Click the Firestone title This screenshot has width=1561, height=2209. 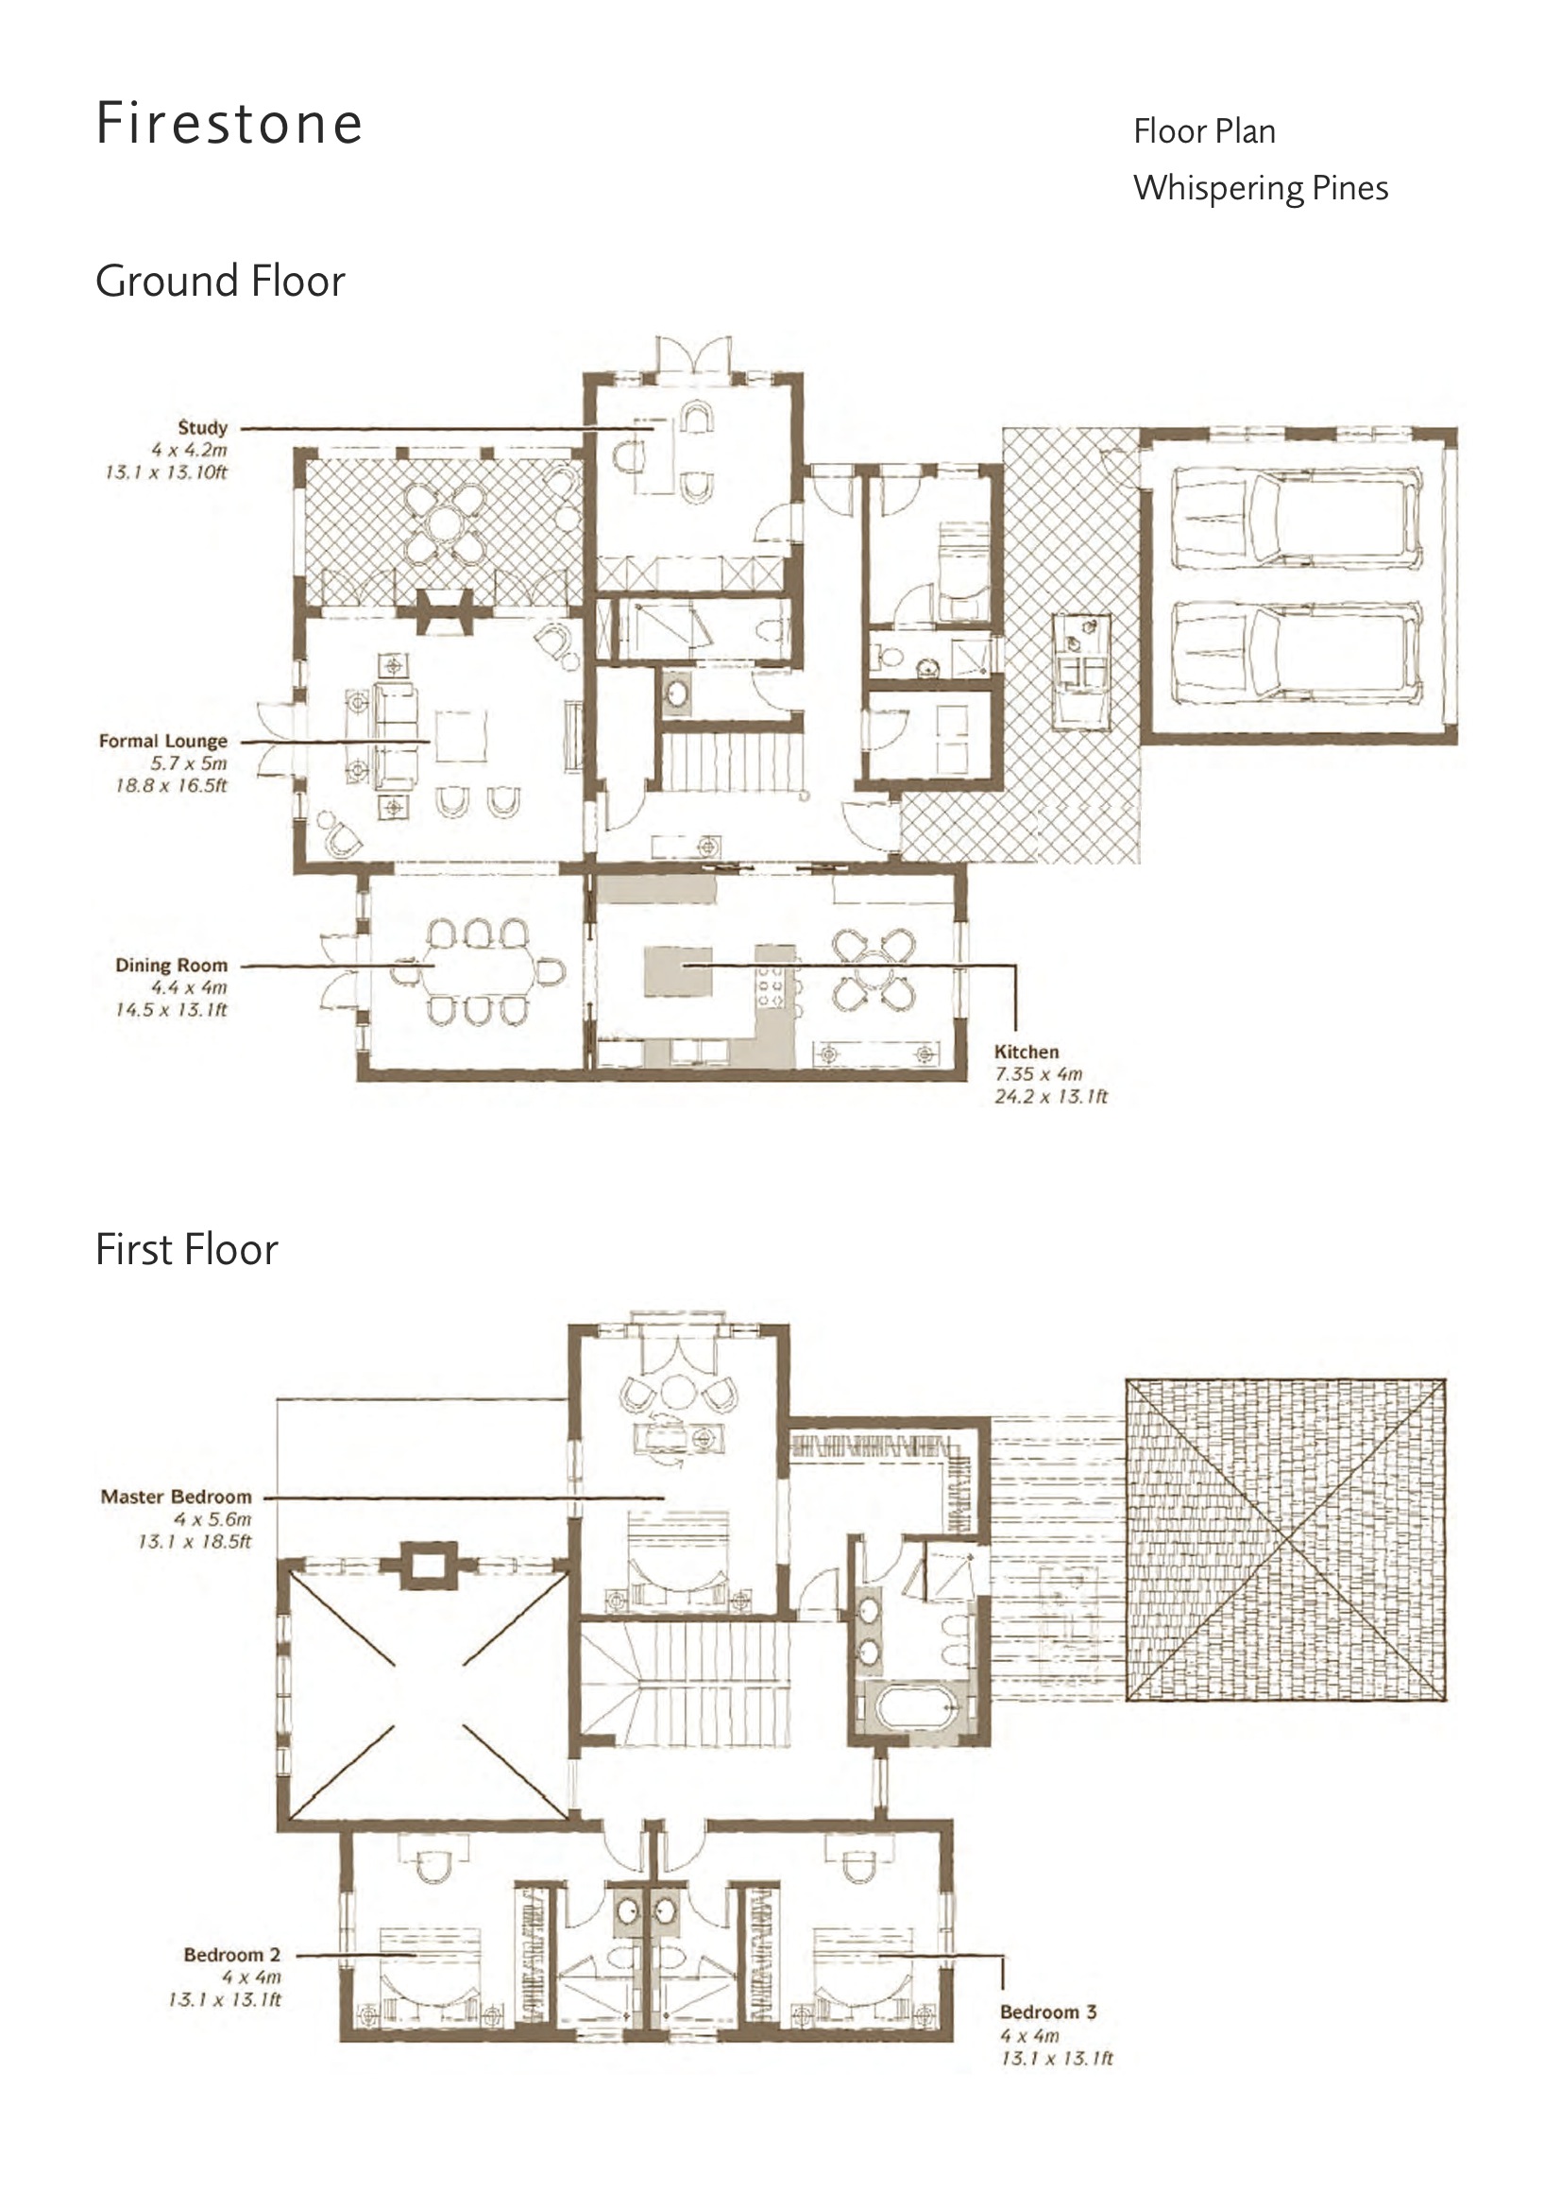click(x=229, y=124)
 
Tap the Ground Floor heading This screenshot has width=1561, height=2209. click(x=220, y=281)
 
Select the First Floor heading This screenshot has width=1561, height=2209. click(x=187, y=1250)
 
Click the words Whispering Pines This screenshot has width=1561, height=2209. click(x=1260, y=189)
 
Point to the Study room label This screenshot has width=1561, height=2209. click(x=203, y=427)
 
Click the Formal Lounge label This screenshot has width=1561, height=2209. click(x=163, y=741)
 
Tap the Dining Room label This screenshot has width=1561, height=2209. click(x=171, y=965)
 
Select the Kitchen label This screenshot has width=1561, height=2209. click(x=1027, y=1052)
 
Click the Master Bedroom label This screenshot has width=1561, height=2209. click(x=176, y=1497)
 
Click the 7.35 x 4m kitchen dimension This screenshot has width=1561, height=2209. click(x=1039, y=1073)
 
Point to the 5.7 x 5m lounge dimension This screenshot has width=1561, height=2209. click(x=189, y=763)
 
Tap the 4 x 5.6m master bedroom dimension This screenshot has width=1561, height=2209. click(x=212, y=1519)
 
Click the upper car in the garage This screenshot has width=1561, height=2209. click(x=1296, y=518)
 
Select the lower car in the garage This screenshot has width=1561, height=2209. click(x=1296, y=652)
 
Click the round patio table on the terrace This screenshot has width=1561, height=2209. click(x=445, y=523)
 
